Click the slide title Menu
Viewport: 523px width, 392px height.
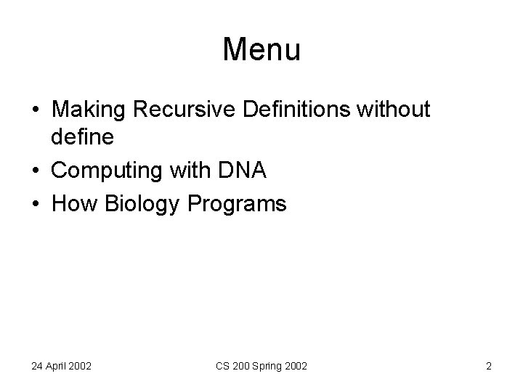261,50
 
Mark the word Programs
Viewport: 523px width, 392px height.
238,205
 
